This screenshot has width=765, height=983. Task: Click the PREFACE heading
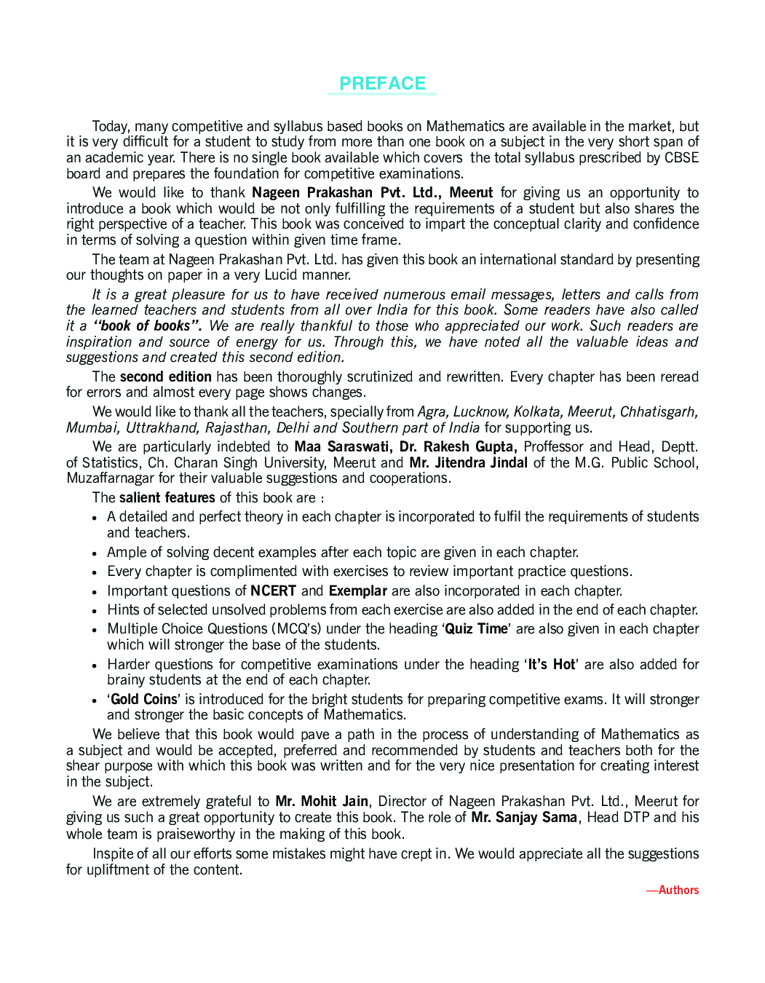[x=382, y=84]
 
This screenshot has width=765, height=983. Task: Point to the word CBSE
[x=681, y=158]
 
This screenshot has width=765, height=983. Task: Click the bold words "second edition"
[x=165, y=376]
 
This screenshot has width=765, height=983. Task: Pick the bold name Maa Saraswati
[x=341, y=446]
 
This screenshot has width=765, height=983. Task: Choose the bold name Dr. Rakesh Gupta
[x=458, y=446]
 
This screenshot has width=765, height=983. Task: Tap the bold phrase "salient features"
[x=167, y=497]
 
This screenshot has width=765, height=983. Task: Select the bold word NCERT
[x=273, y=591]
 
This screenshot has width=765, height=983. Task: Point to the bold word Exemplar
[x=357, y=591]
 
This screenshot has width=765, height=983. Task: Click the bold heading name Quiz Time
[x=476, y=628]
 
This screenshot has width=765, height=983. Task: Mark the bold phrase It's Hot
[x=552, y=664]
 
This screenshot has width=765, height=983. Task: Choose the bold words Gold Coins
[x=144, y=699]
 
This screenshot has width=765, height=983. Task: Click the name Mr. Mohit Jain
[x=322, y=801]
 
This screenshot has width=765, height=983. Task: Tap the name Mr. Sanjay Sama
[x=524, y=817]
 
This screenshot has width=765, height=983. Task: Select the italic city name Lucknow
[x=480, y=412]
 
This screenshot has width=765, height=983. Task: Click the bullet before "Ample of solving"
[x=95, y=553]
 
